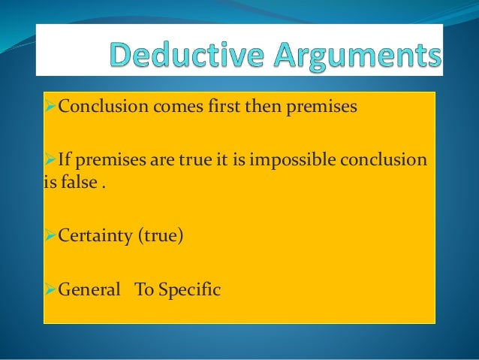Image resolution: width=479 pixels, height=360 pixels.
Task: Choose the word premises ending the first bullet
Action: pos(324,107)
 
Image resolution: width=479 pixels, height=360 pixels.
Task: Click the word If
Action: pos(63,160)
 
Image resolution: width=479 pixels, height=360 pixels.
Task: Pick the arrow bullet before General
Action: pos(50,288)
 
